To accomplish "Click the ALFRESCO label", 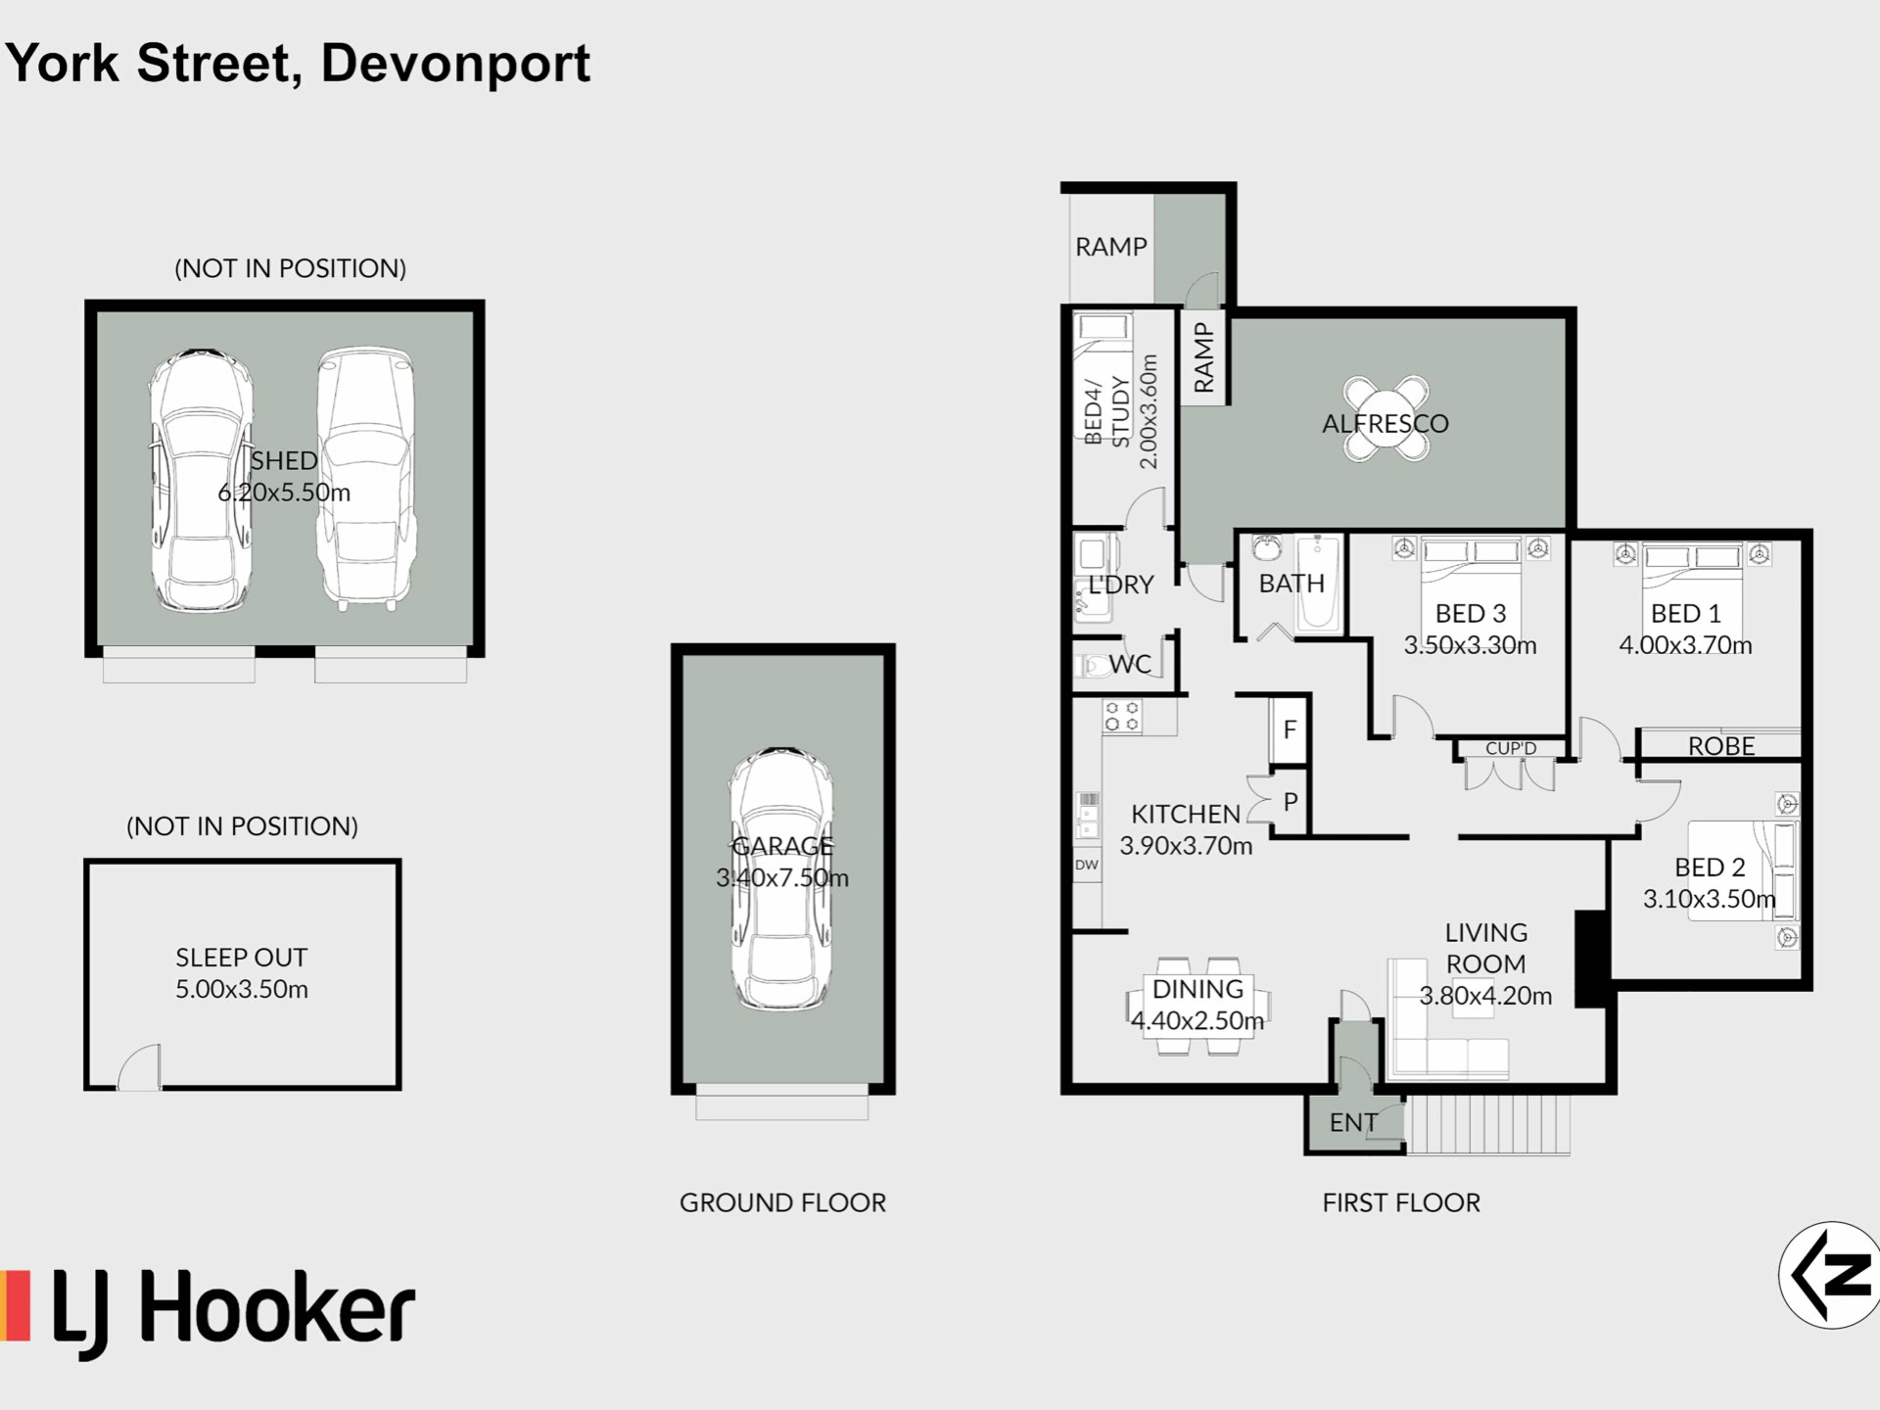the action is (1385, 424).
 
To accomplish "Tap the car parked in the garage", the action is (781, 878).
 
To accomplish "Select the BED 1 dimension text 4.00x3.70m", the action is (1685, 645).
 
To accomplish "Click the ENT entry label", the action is (1353, 1123).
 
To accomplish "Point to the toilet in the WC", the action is (1091, 666).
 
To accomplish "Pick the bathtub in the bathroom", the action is (1318, 584).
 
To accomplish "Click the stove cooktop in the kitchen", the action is (1122, 717).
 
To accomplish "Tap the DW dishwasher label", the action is (1087, 865).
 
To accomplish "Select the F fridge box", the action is (1290, 729).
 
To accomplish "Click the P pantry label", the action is (1291, 802).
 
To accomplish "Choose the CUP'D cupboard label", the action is (1511, 749).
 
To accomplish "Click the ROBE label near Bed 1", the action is (1721, 747).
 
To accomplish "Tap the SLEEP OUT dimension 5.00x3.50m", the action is (242, 989).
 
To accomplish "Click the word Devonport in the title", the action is (455, 65).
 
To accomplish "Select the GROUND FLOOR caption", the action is (782, 1202).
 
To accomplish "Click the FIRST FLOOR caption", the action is (1401, 1202).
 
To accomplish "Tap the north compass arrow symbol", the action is (1829, 1275).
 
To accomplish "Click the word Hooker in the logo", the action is (277, 1309).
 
